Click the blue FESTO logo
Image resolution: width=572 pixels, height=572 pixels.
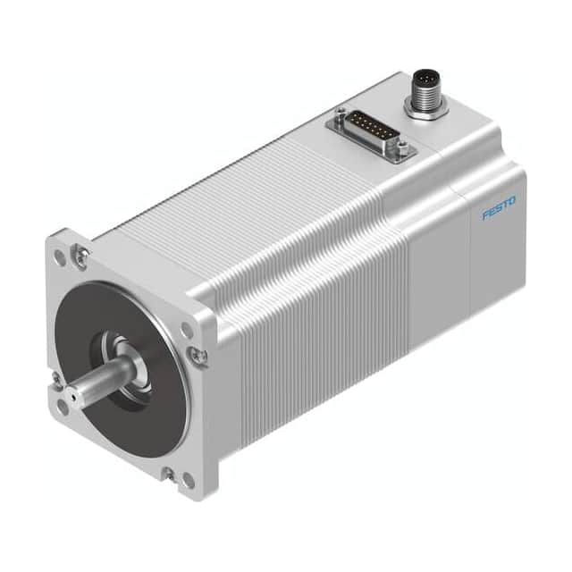[498, 212]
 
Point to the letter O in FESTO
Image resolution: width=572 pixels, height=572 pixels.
[511, 207]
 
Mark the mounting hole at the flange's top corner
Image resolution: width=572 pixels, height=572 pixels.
[60, 256]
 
